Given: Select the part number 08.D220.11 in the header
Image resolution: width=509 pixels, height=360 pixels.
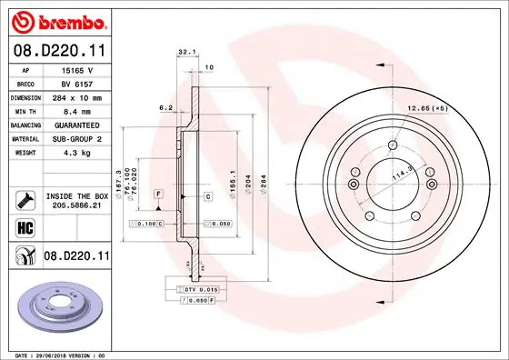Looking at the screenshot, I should pyautogui.click(x=56, y=52).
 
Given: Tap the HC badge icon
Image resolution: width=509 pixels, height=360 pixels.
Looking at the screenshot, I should pyautogui.click(x=25, y=228).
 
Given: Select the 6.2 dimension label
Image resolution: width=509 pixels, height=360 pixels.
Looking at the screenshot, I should pyautogui.click(x=166, y=107).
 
